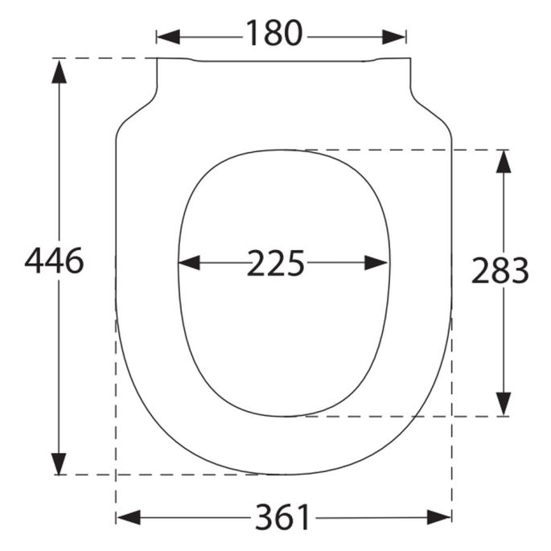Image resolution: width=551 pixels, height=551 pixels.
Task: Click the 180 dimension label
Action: [x=273, y=35]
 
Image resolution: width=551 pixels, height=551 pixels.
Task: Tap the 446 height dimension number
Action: [x=55, y=261]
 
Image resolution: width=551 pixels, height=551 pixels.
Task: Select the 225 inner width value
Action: [x=275, y=263]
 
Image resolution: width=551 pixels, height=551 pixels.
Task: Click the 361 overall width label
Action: [x=282, y=517]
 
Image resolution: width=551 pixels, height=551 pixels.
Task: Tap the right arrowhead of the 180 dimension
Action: [x=395, y=35]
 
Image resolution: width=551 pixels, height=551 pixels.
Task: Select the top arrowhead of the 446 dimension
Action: [x=58, y=70]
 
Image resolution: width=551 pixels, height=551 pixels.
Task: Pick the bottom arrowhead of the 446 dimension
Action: [x=58, y=463]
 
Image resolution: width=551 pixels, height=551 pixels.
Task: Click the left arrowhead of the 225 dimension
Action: [x=188, y=263]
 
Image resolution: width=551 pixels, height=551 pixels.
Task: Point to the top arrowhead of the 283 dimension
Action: [x=504, y=161]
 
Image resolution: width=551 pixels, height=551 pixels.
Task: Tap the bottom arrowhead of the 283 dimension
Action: [x=504, y=405]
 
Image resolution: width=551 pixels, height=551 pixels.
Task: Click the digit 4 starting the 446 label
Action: [x=35, y=261]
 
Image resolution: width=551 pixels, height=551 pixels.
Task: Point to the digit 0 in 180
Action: [x=292, y=35]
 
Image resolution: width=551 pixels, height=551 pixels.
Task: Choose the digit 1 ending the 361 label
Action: [x=302, y=517]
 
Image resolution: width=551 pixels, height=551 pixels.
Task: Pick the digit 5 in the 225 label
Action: [x=295, y=263]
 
